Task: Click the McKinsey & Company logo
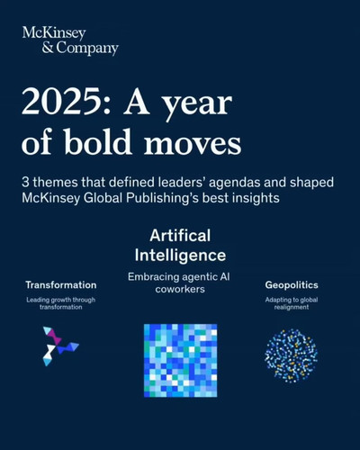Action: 70,41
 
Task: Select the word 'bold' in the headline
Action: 98,141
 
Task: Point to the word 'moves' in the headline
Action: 193,145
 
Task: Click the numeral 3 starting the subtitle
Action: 25,183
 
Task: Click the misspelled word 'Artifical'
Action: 180,236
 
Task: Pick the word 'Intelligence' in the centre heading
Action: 180,256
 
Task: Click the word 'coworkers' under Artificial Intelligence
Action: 180,289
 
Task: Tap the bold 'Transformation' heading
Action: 61,285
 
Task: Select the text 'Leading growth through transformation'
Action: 61,303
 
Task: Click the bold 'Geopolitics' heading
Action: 292,285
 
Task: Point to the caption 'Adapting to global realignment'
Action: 292,303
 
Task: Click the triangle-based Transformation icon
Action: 61,346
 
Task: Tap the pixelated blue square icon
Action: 180,360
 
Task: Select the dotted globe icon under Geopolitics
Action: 292,355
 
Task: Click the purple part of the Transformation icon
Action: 54,336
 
